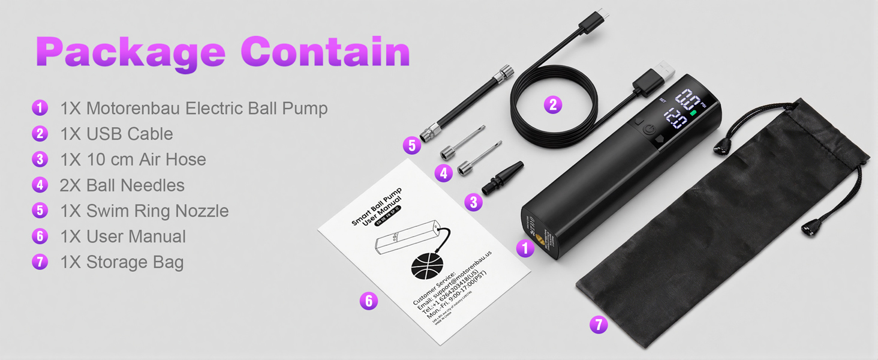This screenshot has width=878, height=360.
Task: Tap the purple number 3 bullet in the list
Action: point(40,160)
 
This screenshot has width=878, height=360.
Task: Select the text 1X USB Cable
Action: point(116,134)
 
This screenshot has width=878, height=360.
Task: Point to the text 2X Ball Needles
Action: point(122,185)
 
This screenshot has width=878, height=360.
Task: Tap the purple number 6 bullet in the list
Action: point(40,236)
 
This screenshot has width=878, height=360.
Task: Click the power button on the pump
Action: point(649,129)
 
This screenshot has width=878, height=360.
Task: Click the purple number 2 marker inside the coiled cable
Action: point(553,105)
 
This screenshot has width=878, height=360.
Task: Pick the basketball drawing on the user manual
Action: point(427,264)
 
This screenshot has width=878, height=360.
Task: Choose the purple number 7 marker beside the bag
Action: point(598,325)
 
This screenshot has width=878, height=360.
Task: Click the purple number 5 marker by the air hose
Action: point(411,145)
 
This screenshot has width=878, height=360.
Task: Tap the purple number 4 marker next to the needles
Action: point(443,173)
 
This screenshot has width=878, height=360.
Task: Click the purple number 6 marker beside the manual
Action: point(369,301)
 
